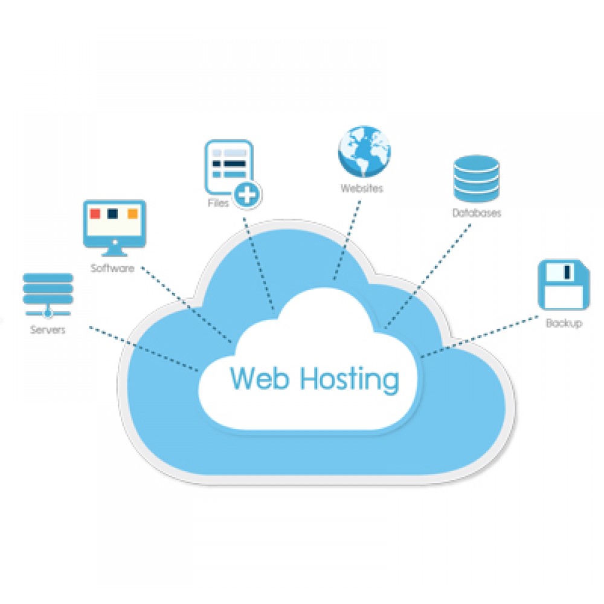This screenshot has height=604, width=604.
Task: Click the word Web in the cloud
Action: [259, 379]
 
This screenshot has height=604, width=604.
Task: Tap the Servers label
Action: [48, 330]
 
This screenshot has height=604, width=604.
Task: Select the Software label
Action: [112, 268]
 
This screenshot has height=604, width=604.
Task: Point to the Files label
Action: [218, 204]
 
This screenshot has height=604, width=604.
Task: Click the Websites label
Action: [362, 188]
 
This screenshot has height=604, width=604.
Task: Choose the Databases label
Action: [477, 213]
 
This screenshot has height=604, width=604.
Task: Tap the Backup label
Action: [564, 323]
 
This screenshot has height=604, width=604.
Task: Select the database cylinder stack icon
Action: [477, 178]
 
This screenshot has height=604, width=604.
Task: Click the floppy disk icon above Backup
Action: [564, 285]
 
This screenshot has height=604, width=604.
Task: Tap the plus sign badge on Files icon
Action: [248, 194]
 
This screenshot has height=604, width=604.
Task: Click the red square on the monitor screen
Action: [95, 214]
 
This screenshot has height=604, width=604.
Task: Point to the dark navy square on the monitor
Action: [112, 214]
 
